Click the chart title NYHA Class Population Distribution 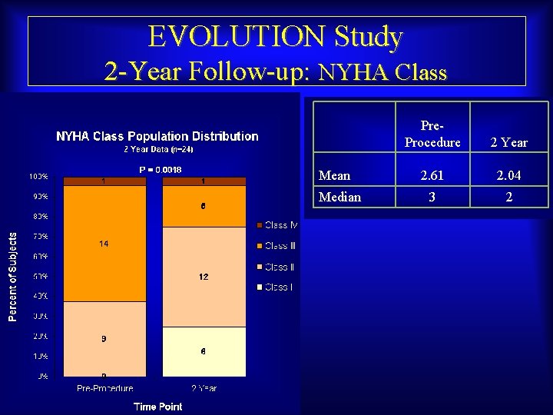click(x=157, y=136)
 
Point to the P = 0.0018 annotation click(x=160, y=169)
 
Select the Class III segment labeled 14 click(x=104, y=244)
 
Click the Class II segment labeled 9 click(x=104, y=338)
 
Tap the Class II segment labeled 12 click(x=204, y=277)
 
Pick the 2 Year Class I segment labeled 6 click(x=204, y=351)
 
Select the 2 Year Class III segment click(x=204, y=206)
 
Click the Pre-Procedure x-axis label click(x=104, y=388)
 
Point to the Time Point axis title click(x=157, y=406)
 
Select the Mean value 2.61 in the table click(x=432, y=176)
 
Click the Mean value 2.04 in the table click(x=508, y=176)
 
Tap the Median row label click(x=339, y=197)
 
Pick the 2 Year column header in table click(x=508, y=142)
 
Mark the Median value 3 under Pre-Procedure click(x=432, y=197)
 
